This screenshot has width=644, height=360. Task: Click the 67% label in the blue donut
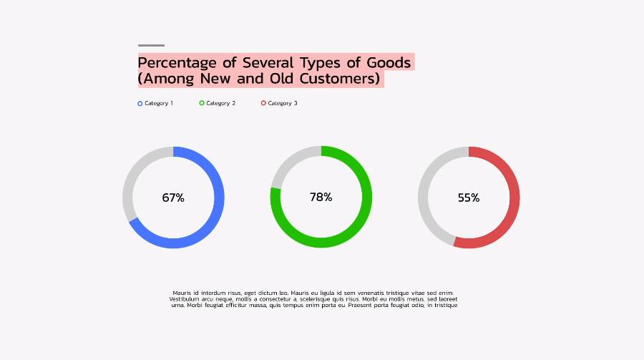(173, 198)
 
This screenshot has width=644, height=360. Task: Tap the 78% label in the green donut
(321, 197)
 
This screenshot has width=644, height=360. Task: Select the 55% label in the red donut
(469, 198)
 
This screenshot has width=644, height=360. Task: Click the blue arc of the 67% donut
(218, 198)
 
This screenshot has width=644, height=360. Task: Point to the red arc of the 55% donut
(514, 198)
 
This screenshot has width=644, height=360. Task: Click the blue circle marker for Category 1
(140, 104)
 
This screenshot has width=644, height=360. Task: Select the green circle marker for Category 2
(202, 104)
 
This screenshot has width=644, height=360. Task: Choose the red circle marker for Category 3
(263, 104)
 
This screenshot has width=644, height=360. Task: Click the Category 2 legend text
(221, 104)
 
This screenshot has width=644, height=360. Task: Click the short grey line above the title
(151, 45)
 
